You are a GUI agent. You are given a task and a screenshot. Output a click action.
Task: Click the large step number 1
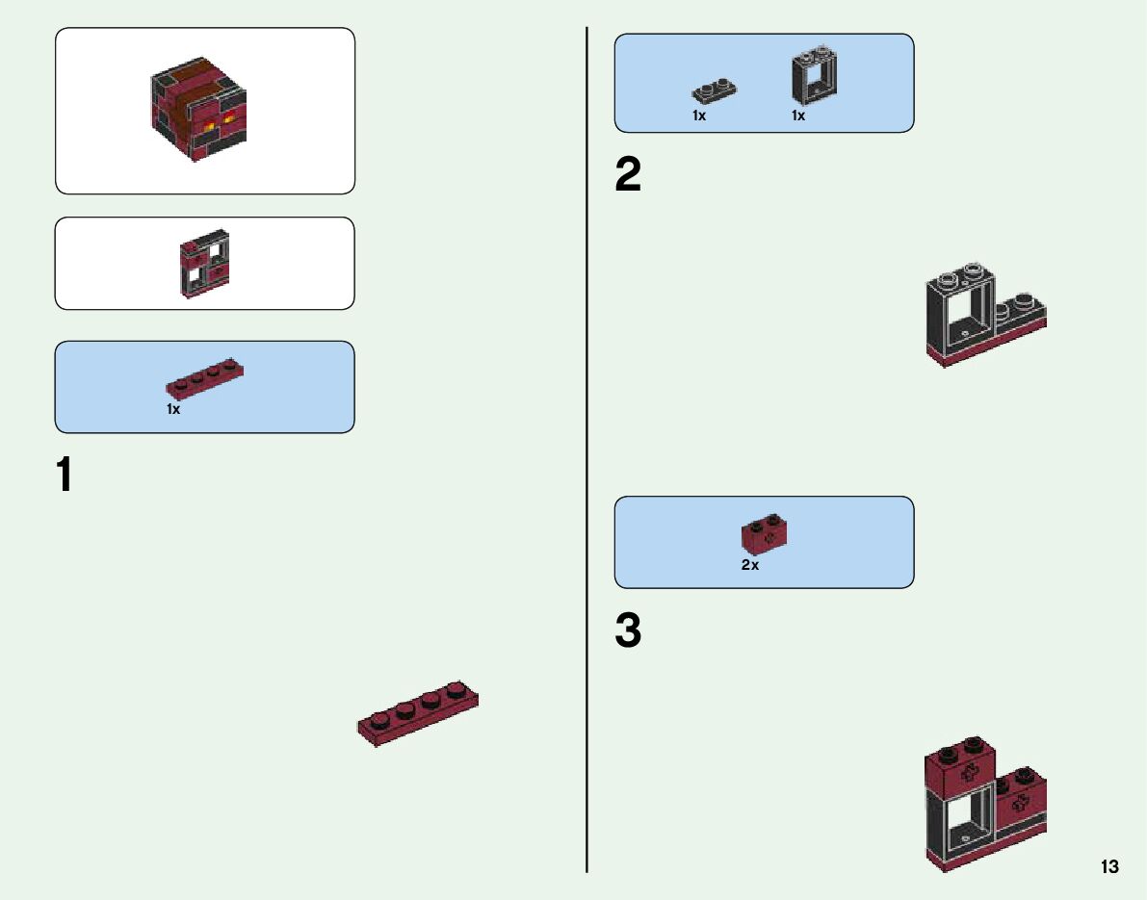(x=65, y=476)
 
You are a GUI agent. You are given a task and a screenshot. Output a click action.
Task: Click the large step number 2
(x=628, y=175)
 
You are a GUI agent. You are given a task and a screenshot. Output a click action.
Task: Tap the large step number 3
(x=628, y=632)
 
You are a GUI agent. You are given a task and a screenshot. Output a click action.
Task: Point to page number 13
(x=1109, y=867)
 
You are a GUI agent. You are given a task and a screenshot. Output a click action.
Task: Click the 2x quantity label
(x=750, y=566)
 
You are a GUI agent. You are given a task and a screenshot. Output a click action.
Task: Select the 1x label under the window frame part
(x=798, y=116)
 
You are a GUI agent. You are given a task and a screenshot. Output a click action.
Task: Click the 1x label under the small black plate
(x=699, y=116)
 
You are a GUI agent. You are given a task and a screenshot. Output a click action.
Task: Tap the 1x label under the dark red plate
(x=173, y=410)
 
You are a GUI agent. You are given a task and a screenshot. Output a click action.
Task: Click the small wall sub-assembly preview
(x=204, y=263)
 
